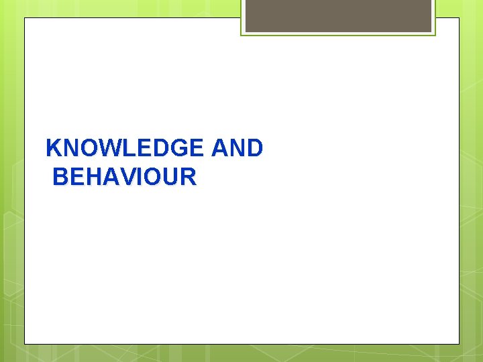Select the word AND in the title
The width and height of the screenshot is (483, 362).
pyautogui.click(x=237, y=148)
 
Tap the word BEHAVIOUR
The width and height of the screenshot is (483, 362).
pyautogui.click(x=124, y=177)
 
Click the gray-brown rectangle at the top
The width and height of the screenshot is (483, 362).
pyautogui.click(x=338, y=15)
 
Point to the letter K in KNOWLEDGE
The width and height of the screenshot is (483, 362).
pyautogui.click(x=53, y=148)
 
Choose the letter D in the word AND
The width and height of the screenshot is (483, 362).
pyautogui.click(x=254, y=148)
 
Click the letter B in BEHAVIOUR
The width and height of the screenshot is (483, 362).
pyautogui.click(x=60, y=177)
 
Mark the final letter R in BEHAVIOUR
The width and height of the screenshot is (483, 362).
pyautogui.click(x=189, y=177)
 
